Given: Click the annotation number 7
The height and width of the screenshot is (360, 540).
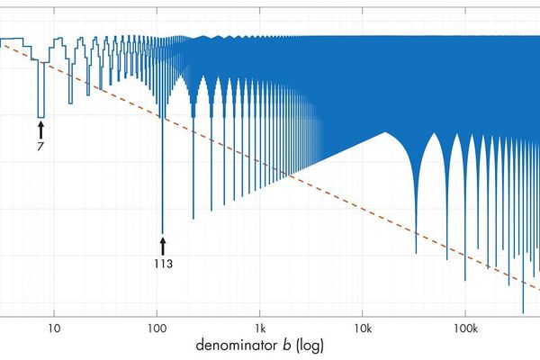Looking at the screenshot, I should pos(40,144).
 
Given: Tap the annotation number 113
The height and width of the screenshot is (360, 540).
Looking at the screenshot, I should pos(162,264).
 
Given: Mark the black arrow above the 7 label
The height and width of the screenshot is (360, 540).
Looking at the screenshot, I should pos(40,128).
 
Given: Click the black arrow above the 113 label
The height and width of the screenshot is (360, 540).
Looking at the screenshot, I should pos(162,246).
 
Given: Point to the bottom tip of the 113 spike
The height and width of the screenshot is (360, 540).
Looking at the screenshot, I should pos(162,233).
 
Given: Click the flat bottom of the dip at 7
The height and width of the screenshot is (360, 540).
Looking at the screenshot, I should pos(40,117).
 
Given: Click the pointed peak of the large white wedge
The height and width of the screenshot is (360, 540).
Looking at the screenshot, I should pos(386,133).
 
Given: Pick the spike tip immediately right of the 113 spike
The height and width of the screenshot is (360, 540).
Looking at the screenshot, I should pos(193,219).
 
